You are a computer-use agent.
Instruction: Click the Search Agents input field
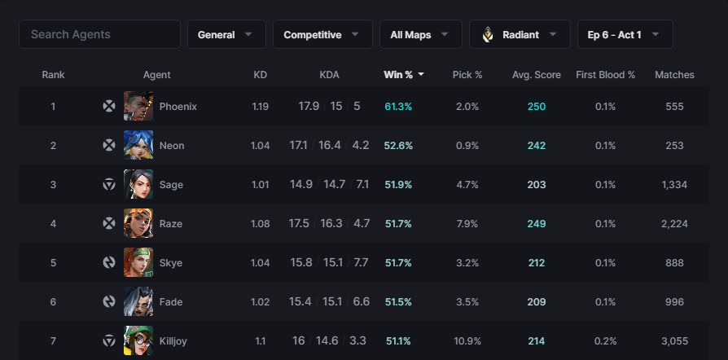(99, 34)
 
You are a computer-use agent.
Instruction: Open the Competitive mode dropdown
(322, 34)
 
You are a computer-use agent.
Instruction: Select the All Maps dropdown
(420, 34)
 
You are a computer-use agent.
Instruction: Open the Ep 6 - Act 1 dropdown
(624, 34)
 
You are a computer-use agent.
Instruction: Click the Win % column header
(404, 75)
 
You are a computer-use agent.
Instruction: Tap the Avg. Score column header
(536, 75)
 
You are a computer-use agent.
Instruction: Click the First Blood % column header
(605, 75)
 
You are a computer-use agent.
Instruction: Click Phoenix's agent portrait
(138, 106)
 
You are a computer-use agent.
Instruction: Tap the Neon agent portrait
(138, 145)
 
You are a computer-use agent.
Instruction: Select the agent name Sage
(171, 185)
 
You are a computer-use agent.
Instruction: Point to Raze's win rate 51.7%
(398, 224)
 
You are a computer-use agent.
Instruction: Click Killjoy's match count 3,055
(674, 341)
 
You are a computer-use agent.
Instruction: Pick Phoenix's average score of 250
(536, 107)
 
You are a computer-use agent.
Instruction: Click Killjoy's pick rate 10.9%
(467, 341)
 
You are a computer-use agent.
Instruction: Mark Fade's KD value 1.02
(260, 302)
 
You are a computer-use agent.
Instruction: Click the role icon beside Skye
(108, 263)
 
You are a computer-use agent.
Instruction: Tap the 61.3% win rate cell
(398, 107)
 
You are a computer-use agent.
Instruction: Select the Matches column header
(674, 75)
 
